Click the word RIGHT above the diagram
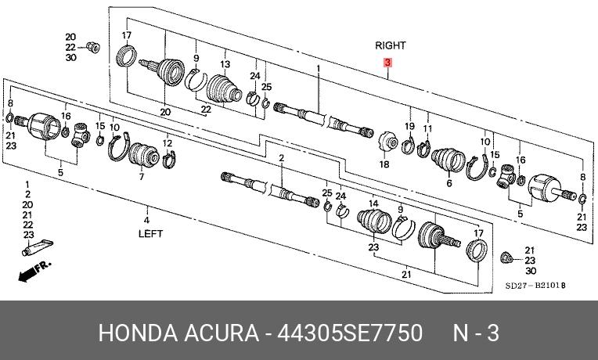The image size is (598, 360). (x=390, y=46)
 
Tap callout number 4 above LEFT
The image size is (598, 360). (x=147, y=209)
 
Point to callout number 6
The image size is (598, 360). (x=448, y=184)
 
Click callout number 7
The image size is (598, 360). (x=142, y=177)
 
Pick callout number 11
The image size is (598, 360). (x=427, y=128)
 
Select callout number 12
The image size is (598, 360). (x=168, y=142)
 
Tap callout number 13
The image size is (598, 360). (x=225, y=64)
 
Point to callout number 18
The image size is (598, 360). (x=384, y=165)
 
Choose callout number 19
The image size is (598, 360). (x=409, y=127)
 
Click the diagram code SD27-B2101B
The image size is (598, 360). (x=535, y=286)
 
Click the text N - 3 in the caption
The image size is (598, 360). (x=476, y=333)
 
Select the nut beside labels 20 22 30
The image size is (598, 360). (x=92, y=47)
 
